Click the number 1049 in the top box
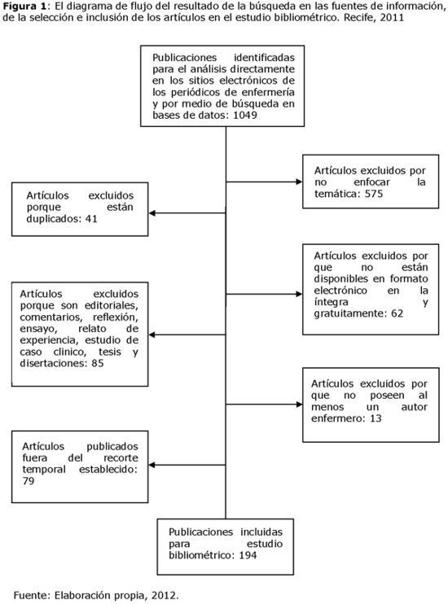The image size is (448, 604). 245,115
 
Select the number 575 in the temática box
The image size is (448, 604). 374,194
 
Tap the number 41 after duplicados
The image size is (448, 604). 91,219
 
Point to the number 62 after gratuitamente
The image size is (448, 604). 397,313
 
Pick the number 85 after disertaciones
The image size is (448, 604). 98,363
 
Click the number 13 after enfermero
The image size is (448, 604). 376,418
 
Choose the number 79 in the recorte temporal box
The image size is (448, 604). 29,481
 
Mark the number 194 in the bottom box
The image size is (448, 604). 248,555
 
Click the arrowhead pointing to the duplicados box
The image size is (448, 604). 152,213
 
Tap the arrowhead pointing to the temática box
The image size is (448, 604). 299,182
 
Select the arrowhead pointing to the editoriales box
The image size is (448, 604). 152,335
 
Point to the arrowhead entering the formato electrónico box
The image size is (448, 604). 299,295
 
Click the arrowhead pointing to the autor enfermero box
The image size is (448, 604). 299,405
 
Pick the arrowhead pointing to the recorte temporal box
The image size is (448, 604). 152,465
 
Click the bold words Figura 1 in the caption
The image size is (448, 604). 24,7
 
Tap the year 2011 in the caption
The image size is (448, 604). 392,18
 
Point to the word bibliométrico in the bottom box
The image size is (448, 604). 202,555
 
